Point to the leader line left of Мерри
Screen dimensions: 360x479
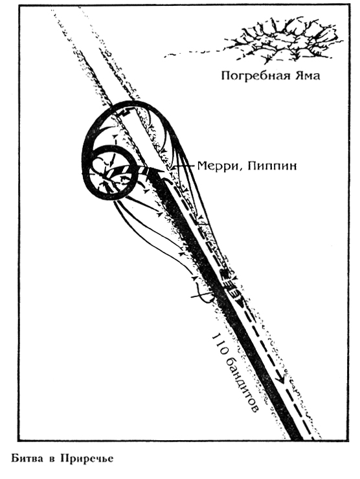click(x=183, y=166)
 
